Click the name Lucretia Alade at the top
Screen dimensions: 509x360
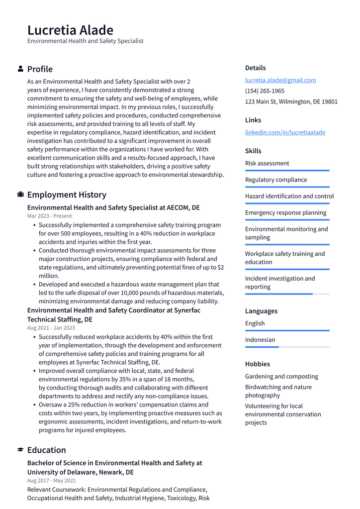(70, 30)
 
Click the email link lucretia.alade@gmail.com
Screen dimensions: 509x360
(280, 80)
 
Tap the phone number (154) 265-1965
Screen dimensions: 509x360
(265, 91)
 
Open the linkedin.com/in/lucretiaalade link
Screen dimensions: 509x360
(285, 132)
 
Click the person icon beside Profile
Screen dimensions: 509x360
(20, 69)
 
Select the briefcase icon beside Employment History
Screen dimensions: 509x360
(20, 195)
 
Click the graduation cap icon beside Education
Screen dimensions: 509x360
(20, 450)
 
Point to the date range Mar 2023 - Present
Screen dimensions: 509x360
(49, 216)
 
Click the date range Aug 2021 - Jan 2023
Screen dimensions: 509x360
(51, 328)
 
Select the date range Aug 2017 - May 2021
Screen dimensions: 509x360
(51, 481)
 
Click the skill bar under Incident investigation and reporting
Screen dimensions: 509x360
(287, 294)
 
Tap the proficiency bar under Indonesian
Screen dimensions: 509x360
(287, 347)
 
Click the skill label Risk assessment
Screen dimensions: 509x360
(267, 163)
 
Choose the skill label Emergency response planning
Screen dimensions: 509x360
(285, 212)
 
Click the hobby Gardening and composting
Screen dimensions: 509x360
(281, 377)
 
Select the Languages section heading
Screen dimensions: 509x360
(261, 311)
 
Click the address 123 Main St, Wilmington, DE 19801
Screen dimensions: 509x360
(291, 102)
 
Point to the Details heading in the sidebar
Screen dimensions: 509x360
(255, 68)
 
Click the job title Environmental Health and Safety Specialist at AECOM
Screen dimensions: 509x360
(113, 207)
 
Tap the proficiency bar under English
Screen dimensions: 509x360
(287, 330)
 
